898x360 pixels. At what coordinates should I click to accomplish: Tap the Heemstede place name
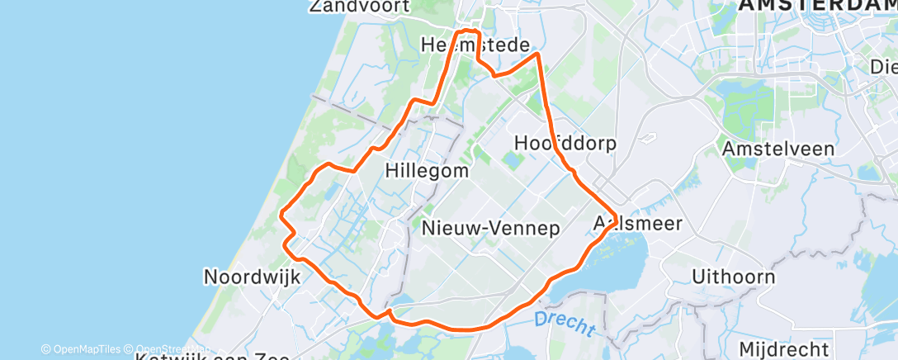(x=475, y=45)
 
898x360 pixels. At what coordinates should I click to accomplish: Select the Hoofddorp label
(x=565, y=143)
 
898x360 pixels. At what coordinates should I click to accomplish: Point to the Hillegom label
(x=427, y=171)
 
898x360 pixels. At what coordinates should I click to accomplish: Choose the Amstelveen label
(x=777, y=149)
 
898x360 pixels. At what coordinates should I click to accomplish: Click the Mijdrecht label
(x=783, y=348)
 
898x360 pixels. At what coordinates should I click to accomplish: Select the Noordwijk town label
(x=251, y=277)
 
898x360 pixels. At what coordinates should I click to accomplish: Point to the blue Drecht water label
(x=565, y=323)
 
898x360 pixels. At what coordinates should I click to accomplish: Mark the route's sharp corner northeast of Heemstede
(x=538, y=54)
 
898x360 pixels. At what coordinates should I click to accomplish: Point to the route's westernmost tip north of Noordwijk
(x=281, y=216)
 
